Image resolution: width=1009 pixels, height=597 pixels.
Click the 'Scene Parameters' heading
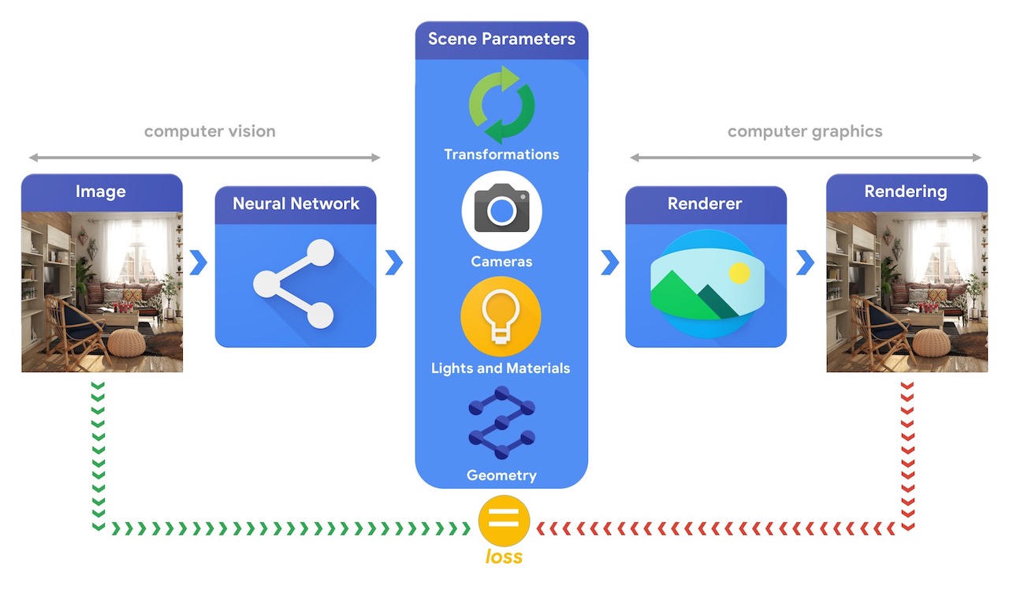(501, 39)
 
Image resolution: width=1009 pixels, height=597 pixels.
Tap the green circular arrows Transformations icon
(501, 105)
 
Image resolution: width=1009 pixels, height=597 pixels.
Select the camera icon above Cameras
(501, 211)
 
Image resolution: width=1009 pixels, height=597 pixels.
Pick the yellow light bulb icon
(501, 316)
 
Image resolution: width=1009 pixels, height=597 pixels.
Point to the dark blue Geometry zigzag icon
(501, 422)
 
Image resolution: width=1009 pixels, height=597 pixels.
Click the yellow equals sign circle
(504, 521)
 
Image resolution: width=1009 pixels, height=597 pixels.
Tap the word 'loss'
(504, 557)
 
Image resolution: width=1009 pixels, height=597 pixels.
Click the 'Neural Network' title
(296, 203)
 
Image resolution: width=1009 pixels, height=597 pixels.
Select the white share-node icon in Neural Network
(294, 284)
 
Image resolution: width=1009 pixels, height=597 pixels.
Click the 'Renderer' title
(705, 203)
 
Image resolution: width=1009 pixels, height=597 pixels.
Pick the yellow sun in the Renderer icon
(739, 273)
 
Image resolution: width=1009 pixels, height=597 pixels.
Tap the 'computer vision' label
(210, 131)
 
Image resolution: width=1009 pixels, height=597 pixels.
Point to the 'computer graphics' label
(805, 132)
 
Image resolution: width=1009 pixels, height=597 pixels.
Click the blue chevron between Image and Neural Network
(198, 263)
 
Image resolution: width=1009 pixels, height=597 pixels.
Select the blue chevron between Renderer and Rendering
(805, 263)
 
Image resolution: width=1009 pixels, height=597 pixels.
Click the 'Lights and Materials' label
(501, 368)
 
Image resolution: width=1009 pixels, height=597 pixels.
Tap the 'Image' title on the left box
(100, 192)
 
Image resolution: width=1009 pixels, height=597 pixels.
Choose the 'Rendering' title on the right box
(906, 192)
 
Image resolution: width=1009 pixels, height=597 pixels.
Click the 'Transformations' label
(501, 155)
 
